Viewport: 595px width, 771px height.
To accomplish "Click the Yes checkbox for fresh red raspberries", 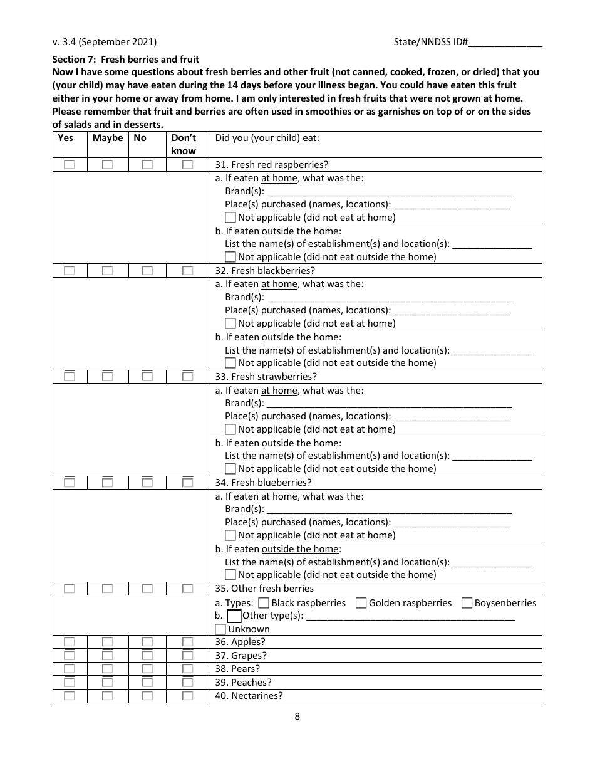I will [x=69, y=164].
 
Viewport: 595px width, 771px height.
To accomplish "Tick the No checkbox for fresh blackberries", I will [x=147, y=271].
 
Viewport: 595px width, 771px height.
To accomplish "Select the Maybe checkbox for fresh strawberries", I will [x=108, y=377].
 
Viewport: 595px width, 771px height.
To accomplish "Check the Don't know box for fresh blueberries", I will [x=187, y=483].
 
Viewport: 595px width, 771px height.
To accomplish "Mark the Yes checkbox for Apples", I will [x=69, y=642].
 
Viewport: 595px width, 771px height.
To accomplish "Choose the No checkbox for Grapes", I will [x=147, y=656].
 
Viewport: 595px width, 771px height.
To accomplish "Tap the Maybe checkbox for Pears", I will [x=108, y=669].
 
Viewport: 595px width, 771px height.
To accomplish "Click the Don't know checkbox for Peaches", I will [x=187, y=683].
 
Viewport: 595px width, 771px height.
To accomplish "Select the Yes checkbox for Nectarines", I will [x=69, y=696].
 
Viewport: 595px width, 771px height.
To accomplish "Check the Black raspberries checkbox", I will [x=264, y=603].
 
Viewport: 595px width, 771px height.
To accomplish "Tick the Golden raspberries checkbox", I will [x=361, y=603].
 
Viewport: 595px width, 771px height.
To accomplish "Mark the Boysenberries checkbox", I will [x=467, y=603].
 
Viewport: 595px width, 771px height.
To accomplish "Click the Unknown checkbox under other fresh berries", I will [x=220, y=629].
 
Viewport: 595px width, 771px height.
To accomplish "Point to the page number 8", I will [x=297, y=716].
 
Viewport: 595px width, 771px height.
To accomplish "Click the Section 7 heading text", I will [x=126, y=60].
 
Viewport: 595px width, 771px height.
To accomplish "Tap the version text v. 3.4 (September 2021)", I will [x=105, y=43].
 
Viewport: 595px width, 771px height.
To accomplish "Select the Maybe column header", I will [x=108, y=138].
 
